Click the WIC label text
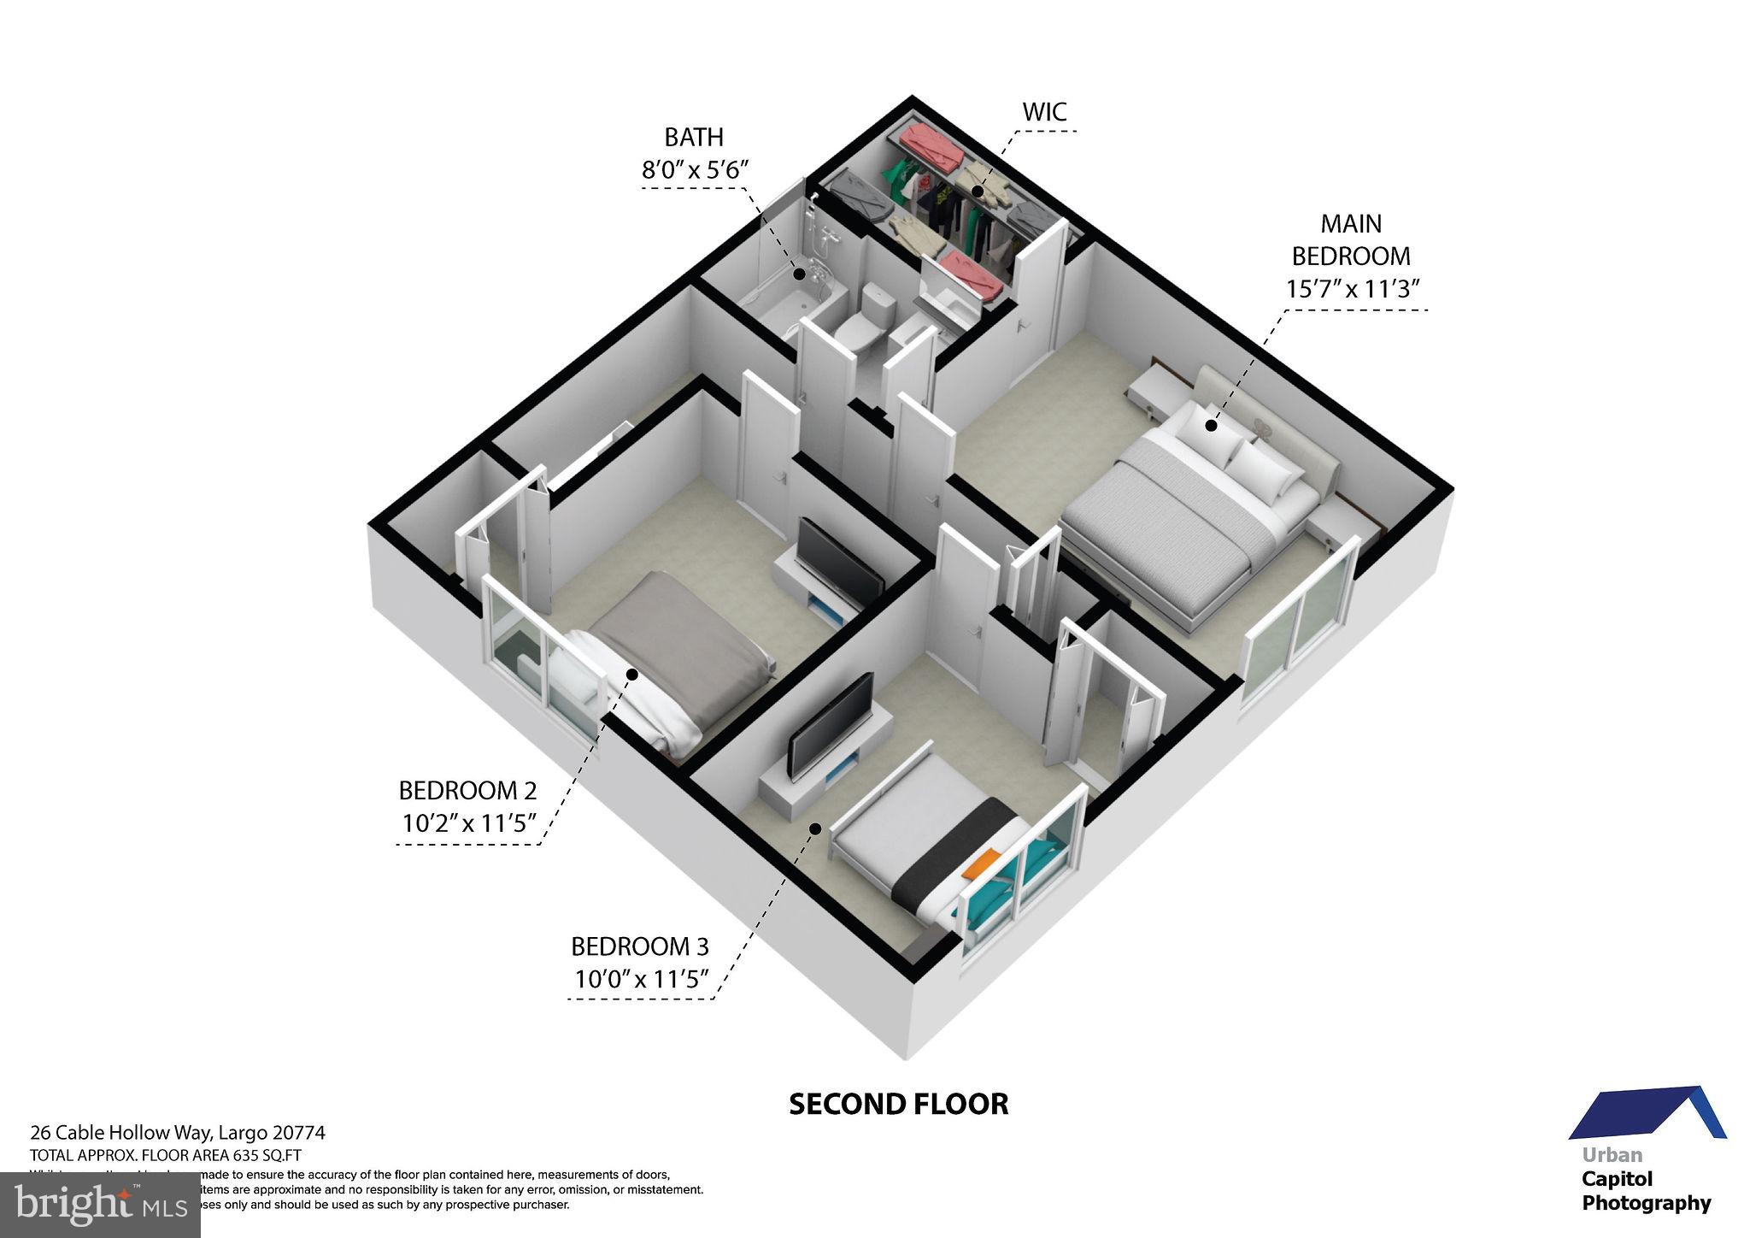coord(1044,111)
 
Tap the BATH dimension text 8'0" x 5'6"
coord(695,168)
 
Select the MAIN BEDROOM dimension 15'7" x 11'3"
coord(1352,289)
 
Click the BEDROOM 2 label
coord(467,789)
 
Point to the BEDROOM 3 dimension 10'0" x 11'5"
coord(641,979)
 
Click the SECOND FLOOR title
coord(898,1104)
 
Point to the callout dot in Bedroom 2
coord(631,675)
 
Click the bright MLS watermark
coord(100,1206)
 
